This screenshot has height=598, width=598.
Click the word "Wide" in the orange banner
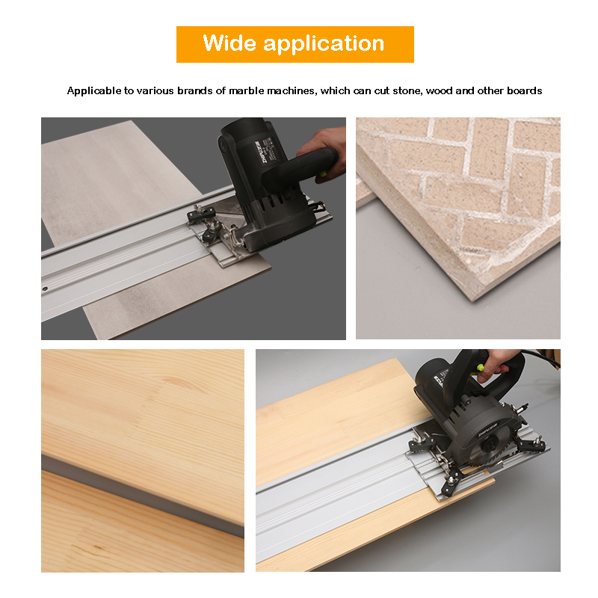229,43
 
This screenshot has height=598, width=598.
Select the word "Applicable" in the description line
94,90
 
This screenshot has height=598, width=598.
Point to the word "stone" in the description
407,91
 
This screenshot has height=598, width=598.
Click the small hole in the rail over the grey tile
45,289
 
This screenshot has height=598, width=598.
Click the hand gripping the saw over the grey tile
325,153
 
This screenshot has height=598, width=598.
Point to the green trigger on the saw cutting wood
479,369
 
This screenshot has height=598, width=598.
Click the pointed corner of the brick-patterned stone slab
473,301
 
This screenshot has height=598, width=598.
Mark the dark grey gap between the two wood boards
143,496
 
